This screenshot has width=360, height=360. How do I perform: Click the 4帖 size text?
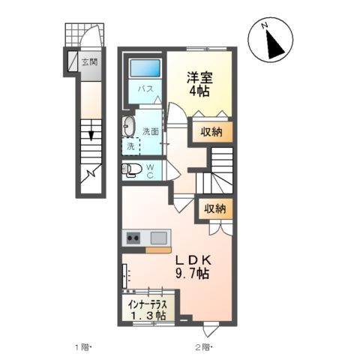coord(199,91)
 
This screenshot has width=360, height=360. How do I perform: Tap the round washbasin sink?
coord(128,124)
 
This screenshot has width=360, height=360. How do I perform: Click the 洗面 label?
coord(151,131)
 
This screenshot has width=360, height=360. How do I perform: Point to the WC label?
coord(149,170)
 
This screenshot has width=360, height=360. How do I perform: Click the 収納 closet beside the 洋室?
coord(211,133)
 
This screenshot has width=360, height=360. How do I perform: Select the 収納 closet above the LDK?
coord(214,209)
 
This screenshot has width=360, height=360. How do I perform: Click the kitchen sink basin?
coord(158,238)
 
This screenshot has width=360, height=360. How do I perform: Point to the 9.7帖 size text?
coord(193,274)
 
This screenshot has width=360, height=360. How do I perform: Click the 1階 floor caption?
coord(82,346)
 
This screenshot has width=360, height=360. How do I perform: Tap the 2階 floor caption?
coord(203,346)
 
